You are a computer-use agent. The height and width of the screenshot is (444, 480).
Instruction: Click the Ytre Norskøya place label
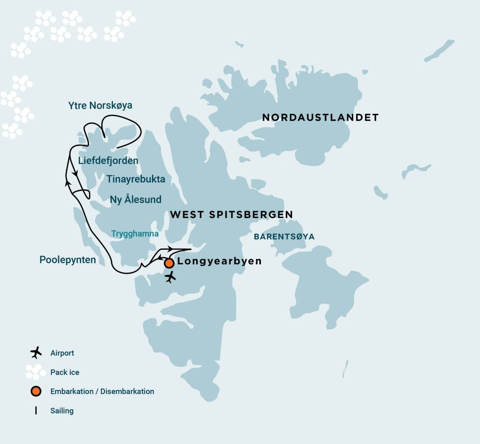click(x=100, y=106)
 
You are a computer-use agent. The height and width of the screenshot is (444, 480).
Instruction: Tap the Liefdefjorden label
click(x=108, y=161)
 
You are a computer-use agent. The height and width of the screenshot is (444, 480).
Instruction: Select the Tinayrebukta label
click(x=136, y=179)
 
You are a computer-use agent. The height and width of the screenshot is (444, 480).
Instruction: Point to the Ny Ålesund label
click(x=136, y=200)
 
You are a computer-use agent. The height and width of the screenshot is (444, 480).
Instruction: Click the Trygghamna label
click(x=135, y=234)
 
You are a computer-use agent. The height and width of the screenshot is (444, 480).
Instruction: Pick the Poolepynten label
click(x=68, y=260)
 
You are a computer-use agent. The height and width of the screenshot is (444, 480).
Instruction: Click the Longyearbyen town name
click(x=219, y=261)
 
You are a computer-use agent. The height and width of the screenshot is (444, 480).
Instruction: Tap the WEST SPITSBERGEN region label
click(x=231, y=215)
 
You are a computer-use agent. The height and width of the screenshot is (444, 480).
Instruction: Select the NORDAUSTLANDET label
click(x=320, y=117)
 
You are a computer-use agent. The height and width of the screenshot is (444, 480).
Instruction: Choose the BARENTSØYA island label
click(x=284, y=237)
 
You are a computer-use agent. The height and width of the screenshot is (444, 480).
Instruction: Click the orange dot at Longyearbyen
click(x=169, y=263)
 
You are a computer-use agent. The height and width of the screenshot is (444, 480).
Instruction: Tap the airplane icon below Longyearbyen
click(x=170, y=277)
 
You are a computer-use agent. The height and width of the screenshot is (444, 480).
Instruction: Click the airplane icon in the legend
click(x=36, y=352)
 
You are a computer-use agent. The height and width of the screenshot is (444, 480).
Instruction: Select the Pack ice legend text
click(x=65, y=372)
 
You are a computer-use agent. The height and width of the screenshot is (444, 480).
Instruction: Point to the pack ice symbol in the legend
click(x=35, y=372)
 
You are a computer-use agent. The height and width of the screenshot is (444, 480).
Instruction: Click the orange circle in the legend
click(x=36, y=391)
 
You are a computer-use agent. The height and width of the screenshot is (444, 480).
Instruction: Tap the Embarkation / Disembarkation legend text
click(x=102, y=391)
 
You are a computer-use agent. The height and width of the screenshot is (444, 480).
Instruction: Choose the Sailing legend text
click(x=62, y=410)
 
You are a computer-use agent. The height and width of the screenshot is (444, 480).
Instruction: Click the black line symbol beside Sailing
click(x=36, y=410)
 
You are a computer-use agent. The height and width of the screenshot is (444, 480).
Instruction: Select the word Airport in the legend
click(x=62, y=353)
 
